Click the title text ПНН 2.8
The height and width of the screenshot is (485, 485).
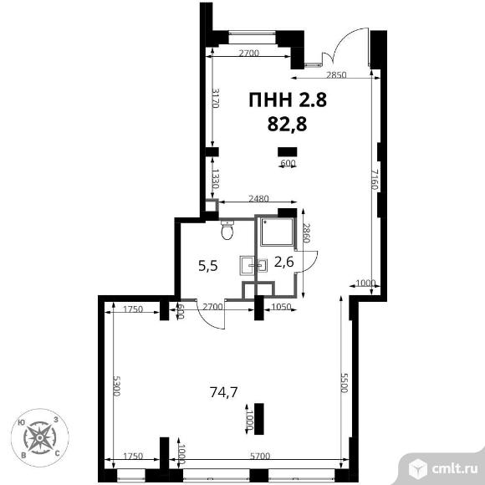[288, 100]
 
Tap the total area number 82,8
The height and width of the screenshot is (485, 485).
[287, 125]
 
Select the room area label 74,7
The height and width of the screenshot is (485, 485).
[223, 392]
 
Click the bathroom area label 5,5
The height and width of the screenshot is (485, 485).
[208, 266]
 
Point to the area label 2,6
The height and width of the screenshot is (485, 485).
[284, 263]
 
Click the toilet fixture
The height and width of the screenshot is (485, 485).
[227, 229]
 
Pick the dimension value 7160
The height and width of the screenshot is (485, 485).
[375, 180]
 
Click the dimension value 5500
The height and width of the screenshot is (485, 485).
[345, 383]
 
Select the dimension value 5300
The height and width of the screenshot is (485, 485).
[116, 386]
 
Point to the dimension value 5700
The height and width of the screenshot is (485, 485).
[260, 456]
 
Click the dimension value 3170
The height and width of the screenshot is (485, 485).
[215, 99]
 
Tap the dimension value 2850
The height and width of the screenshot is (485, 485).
[336, 75]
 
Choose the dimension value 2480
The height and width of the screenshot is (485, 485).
[258, 198]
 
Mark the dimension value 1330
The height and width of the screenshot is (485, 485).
[215, 179]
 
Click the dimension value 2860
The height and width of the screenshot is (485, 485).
[305, 233]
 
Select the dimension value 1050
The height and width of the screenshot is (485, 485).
[281, 307]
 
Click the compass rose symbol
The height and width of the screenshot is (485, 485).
[40, 437]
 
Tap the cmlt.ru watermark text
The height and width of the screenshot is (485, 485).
[454, 469]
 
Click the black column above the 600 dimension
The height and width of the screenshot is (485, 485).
[288, 151]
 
